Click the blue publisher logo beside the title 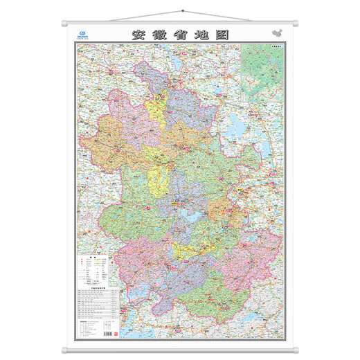click(84, 33)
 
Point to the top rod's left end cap click(64, 24)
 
